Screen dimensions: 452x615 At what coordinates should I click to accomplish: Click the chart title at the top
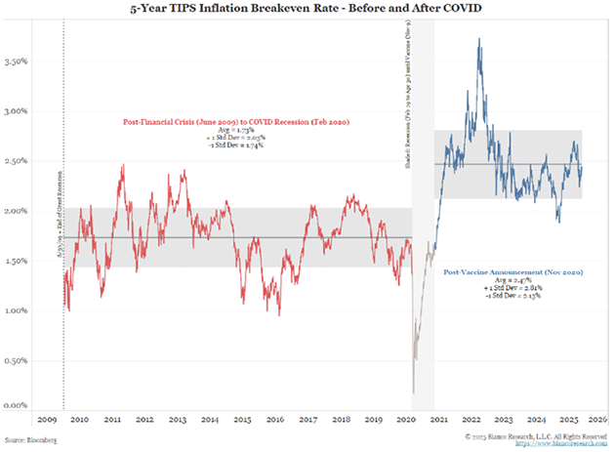click(x=307, y=12)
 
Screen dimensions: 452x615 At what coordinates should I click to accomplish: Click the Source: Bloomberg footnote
click(x=30, y=441)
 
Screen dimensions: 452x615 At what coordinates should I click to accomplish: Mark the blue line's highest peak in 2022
click(x=478, y=39)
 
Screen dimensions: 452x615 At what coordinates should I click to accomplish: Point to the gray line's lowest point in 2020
click(x=414, y=392)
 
